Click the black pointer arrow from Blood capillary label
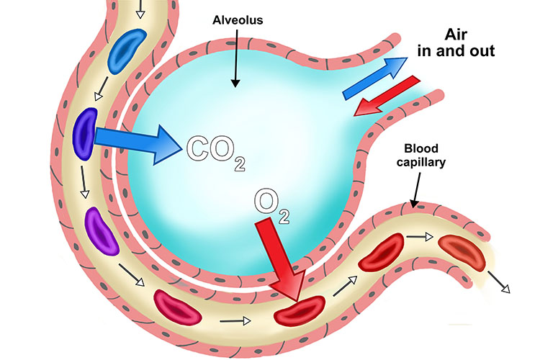pyautogui.click(x=414, y=187)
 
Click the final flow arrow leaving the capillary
pyautogui.click(x=498, y=282)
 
